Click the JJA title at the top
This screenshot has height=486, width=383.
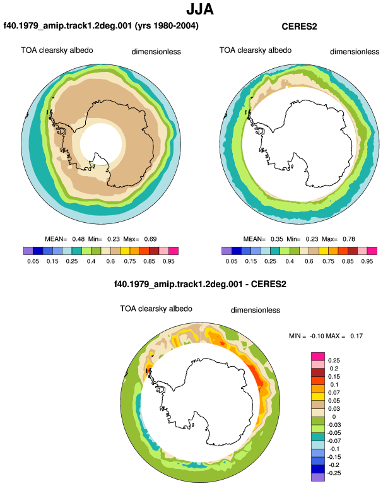pos(200,9)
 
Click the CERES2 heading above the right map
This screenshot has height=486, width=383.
pos(299,27)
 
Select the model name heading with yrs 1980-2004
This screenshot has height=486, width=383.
pos(101,25)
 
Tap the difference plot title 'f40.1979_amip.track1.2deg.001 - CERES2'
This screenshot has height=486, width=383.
pos(200,284)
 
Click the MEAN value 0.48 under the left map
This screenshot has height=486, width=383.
pos(78,239)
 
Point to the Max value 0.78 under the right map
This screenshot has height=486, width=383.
pos(349,239)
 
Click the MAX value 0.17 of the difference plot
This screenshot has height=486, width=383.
pos(356,336)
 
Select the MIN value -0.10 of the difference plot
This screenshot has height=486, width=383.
pos(317,336)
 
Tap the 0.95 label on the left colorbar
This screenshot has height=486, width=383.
pos(168,261)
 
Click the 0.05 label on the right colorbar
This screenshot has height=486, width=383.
pos(232,261)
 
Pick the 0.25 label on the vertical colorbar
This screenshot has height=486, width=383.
pos(334,360)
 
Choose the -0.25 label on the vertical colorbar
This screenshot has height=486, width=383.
pos(334,473)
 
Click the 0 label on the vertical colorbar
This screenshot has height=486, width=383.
pos(334,417)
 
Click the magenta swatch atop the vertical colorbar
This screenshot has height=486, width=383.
pos(318,357)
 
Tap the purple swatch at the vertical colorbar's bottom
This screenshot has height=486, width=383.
pos(318,477)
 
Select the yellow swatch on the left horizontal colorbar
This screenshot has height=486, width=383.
pos(125,251)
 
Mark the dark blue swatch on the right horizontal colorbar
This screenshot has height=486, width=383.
pos(236,251)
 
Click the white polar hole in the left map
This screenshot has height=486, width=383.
pos(101,143)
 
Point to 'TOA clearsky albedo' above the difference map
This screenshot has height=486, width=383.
pos(156,309)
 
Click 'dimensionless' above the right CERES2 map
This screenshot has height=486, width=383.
pos(355,52)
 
